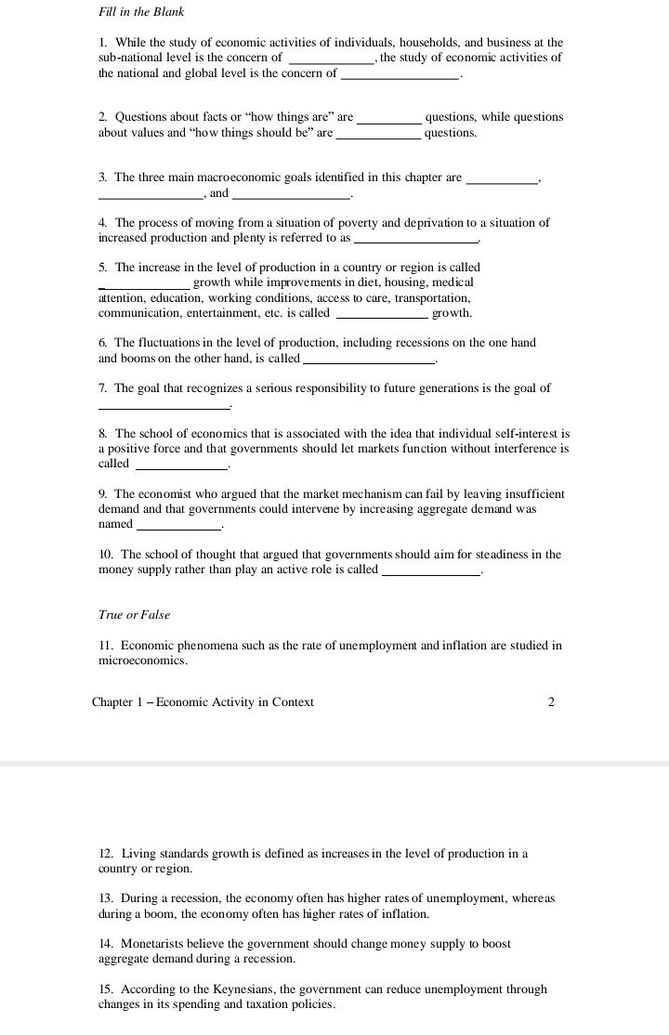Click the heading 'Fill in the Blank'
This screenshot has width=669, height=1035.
point(141,12)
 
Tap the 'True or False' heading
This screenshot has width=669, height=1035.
point(134,615)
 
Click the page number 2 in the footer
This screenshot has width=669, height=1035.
point(551,702)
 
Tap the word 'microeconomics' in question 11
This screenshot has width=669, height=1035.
point(143,662)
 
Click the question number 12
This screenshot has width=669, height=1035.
point(106,854)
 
